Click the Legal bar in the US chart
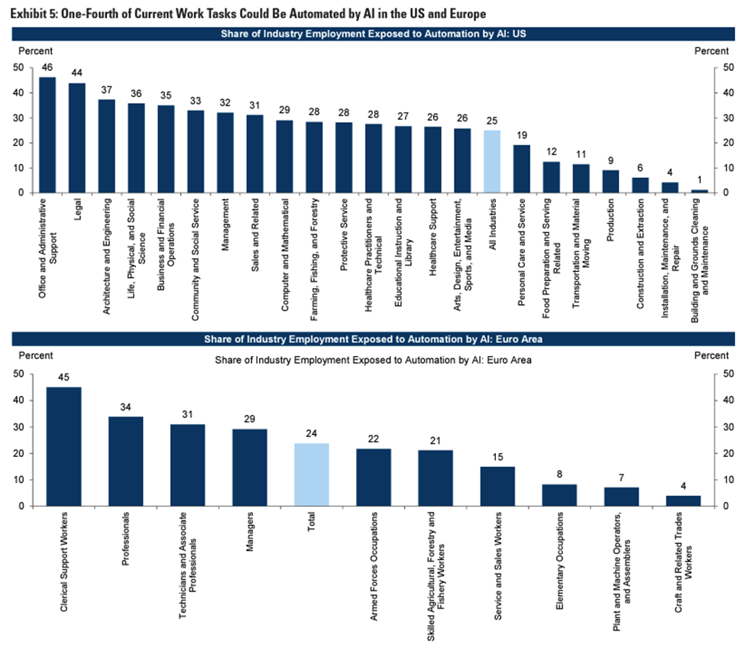(x=77, y=138)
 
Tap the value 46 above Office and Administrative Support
(x=47, y=67)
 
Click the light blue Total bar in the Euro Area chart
(x=312, y=475)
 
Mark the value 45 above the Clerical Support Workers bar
(x=63, y=377)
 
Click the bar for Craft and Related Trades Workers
(x=683, y=501)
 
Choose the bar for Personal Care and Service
(x=522, y=169)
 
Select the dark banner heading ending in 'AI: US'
(x=372, y=34)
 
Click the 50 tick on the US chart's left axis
(x=18, y=68)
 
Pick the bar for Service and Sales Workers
(x=497, y=486)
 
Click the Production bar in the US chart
(x=611, y=181)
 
